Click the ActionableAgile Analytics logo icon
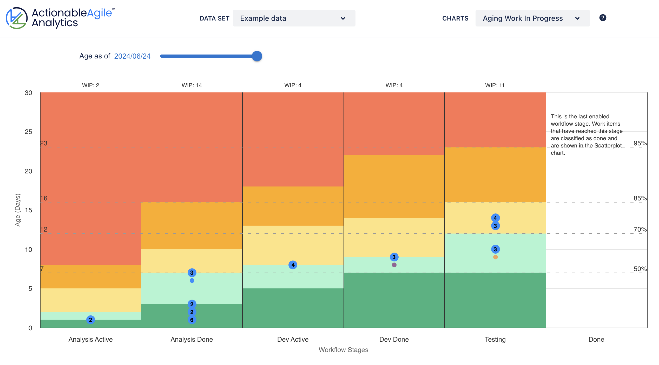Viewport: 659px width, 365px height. click(17, 18)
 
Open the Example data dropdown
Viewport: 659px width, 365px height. click(294, 18)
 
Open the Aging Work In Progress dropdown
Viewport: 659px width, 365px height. click(532, 18)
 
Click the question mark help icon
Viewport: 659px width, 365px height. click(603, 18)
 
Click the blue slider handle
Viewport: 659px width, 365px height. click(257, 56)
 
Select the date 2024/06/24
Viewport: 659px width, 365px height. click(132, 56)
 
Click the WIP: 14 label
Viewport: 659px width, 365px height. click(192, 85)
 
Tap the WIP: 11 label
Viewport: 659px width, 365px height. click(495, 85)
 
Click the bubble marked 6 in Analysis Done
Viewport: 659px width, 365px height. click(192, 320)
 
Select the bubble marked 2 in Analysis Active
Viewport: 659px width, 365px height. click(90, 320)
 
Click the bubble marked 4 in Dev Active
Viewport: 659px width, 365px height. click(293, 265)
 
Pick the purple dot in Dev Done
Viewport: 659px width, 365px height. click(394, 265)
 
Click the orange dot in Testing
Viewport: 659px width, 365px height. click(495, 257)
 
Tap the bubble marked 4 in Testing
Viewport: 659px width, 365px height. click(495, 218)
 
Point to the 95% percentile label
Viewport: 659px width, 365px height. click(640, 143)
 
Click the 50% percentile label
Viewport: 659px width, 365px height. click(640, 269)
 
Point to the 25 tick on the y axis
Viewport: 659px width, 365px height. click(29, 132)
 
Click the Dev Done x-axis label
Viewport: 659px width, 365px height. click(394, 340)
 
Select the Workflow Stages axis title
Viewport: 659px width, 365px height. click(343, 350)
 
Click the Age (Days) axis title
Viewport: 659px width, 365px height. click(17, 210)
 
